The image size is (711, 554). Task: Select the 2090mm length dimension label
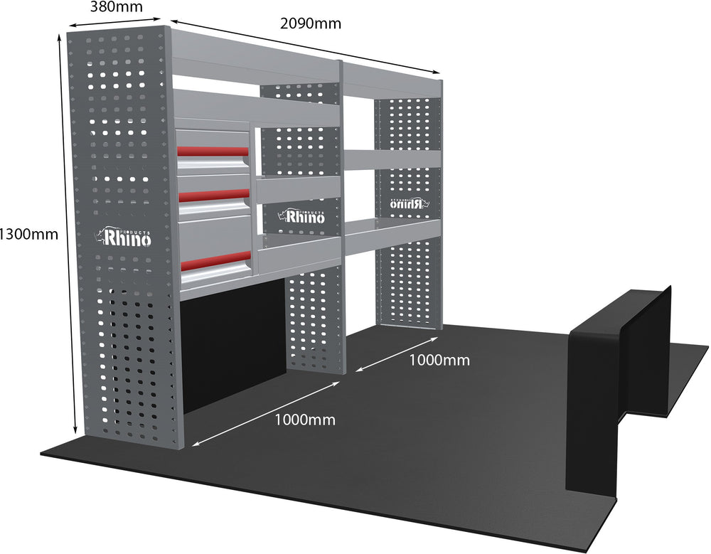pyautogui.click(x=311, y=23)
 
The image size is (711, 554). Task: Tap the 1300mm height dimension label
pyautogui.click(x=29, y=233)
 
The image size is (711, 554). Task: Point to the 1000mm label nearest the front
pyautogui.click(x=305, y=420)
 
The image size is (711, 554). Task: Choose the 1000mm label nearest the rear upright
pyautogui.click(x=439, y=360)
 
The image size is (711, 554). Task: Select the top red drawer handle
pyautogui.click(x=213, y=151)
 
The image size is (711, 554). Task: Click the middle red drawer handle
pyautogui.click(x=213, y=193)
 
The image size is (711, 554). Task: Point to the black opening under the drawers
pyautogui.click(x=231, y=348)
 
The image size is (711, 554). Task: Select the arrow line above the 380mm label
pyautogui.click(x=117, y=23)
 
